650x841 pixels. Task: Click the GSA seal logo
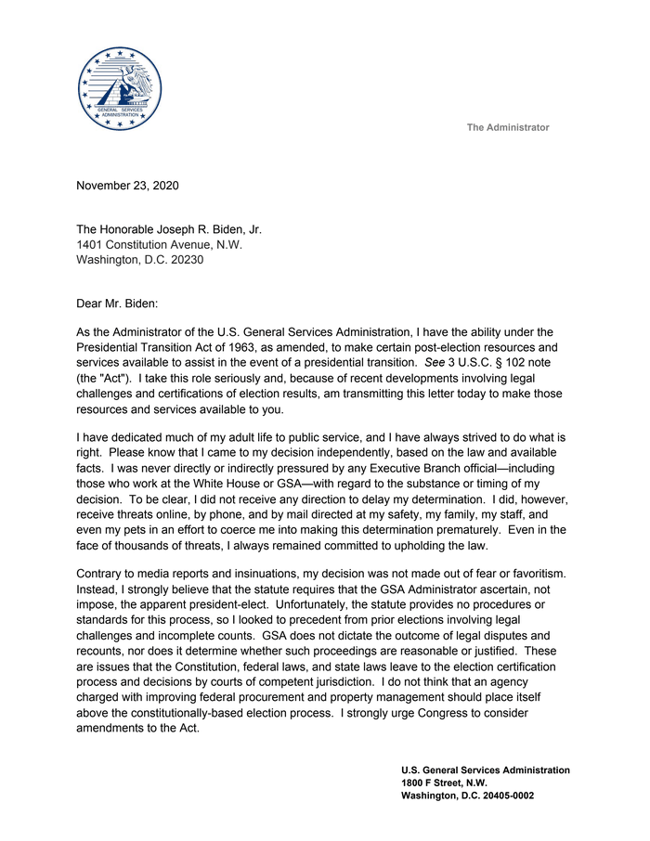click(x=119, y=88)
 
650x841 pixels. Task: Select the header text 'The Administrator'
click(x=507, y=127)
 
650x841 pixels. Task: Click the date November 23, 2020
click(x=127, y=185)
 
